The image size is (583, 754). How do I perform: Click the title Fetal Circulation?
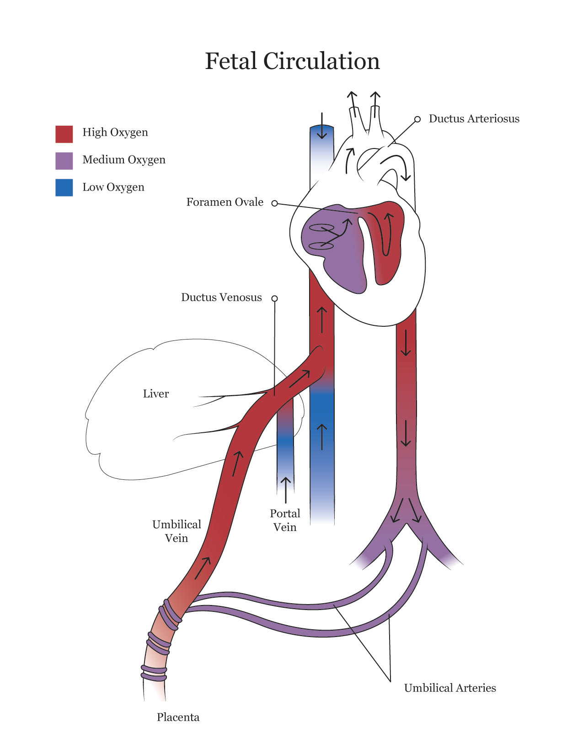292,61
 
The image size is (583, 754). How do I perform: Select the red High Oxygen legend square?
64,134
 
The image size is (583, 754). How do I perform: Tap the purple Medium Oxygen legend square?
64,161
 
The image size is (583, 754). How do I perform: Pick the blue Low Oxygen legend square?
64,188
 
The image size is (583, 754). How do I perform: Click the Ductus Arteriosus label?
474,119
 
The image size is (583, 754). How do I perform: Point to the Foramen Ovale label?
225,202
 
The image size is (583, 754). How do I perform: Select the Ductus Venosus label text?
221,297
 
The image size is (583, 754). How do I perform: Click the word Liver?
156,394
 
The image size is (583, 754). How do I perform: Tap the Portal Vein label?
285,520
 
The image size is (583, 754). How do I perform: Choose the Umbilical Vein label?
177,531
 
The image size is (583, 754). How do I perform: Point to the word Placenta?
178,717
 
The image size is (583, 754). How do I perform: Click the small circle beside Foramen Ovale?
275,203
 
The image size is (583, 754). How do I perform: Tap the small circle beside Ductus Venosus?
275,298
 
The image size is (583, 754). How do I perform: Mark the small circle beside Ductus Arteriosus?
417,119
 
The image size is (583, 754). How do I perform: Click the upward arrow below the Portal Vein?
286,490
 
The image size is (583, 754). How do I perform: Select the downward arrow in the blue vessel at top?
322,126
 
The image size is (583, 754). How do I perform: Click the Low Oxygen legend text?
113,187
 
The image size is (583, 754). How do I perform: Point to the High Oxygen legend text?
115,133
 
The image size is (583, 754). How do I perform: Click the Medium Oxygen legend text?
124,160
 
